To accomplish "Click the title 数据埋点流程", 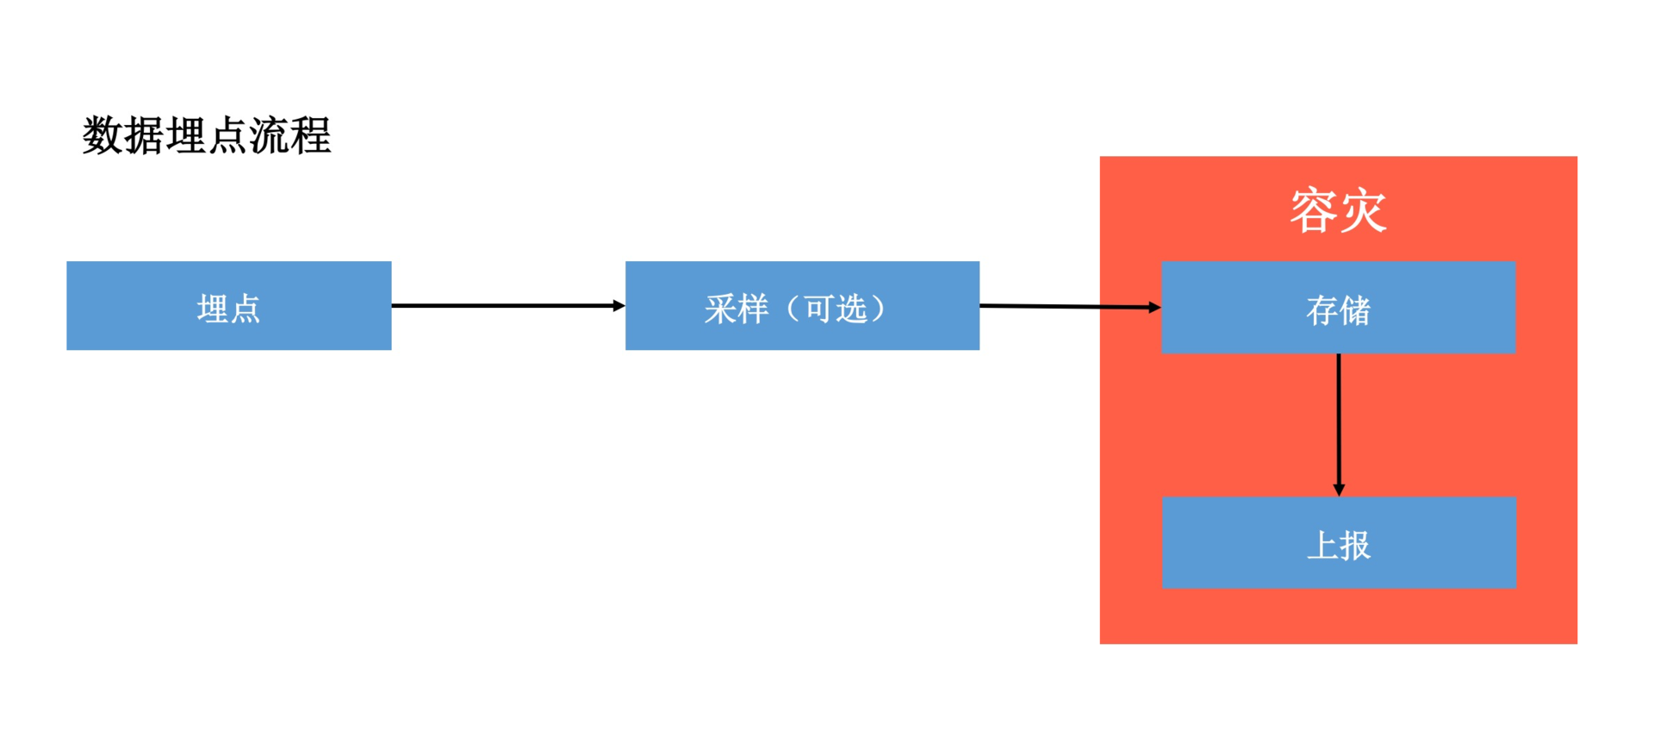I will click(207, 136).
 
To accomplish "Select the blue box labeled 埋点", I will click(229, 306).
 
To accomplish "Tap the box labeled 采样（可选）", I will click(802, 306).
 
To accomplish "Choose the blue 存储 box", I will click(1338, 308).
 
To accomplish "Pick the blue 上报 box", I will click(1339, 543).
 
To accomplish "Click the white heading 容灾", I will click(1338, 210).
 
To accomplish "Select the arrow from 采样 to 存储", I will click(1068, 306).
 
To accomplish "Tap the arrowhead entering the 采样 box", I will click(619, 305).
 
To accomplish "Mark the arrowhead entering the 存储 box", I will click(1154, 307).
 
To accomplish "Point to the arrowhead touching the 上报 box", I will click(1338, 490).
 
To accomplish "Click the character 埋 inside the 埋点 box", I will click(213, 309).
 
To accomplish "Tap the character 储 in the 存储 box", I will click(1355, 311).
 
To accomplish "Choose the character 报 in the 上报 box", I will click(1355, 546).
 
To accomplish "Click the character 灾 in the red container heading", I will click(1363, 210).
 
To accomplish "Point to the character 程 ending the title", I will click(311, 136).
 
